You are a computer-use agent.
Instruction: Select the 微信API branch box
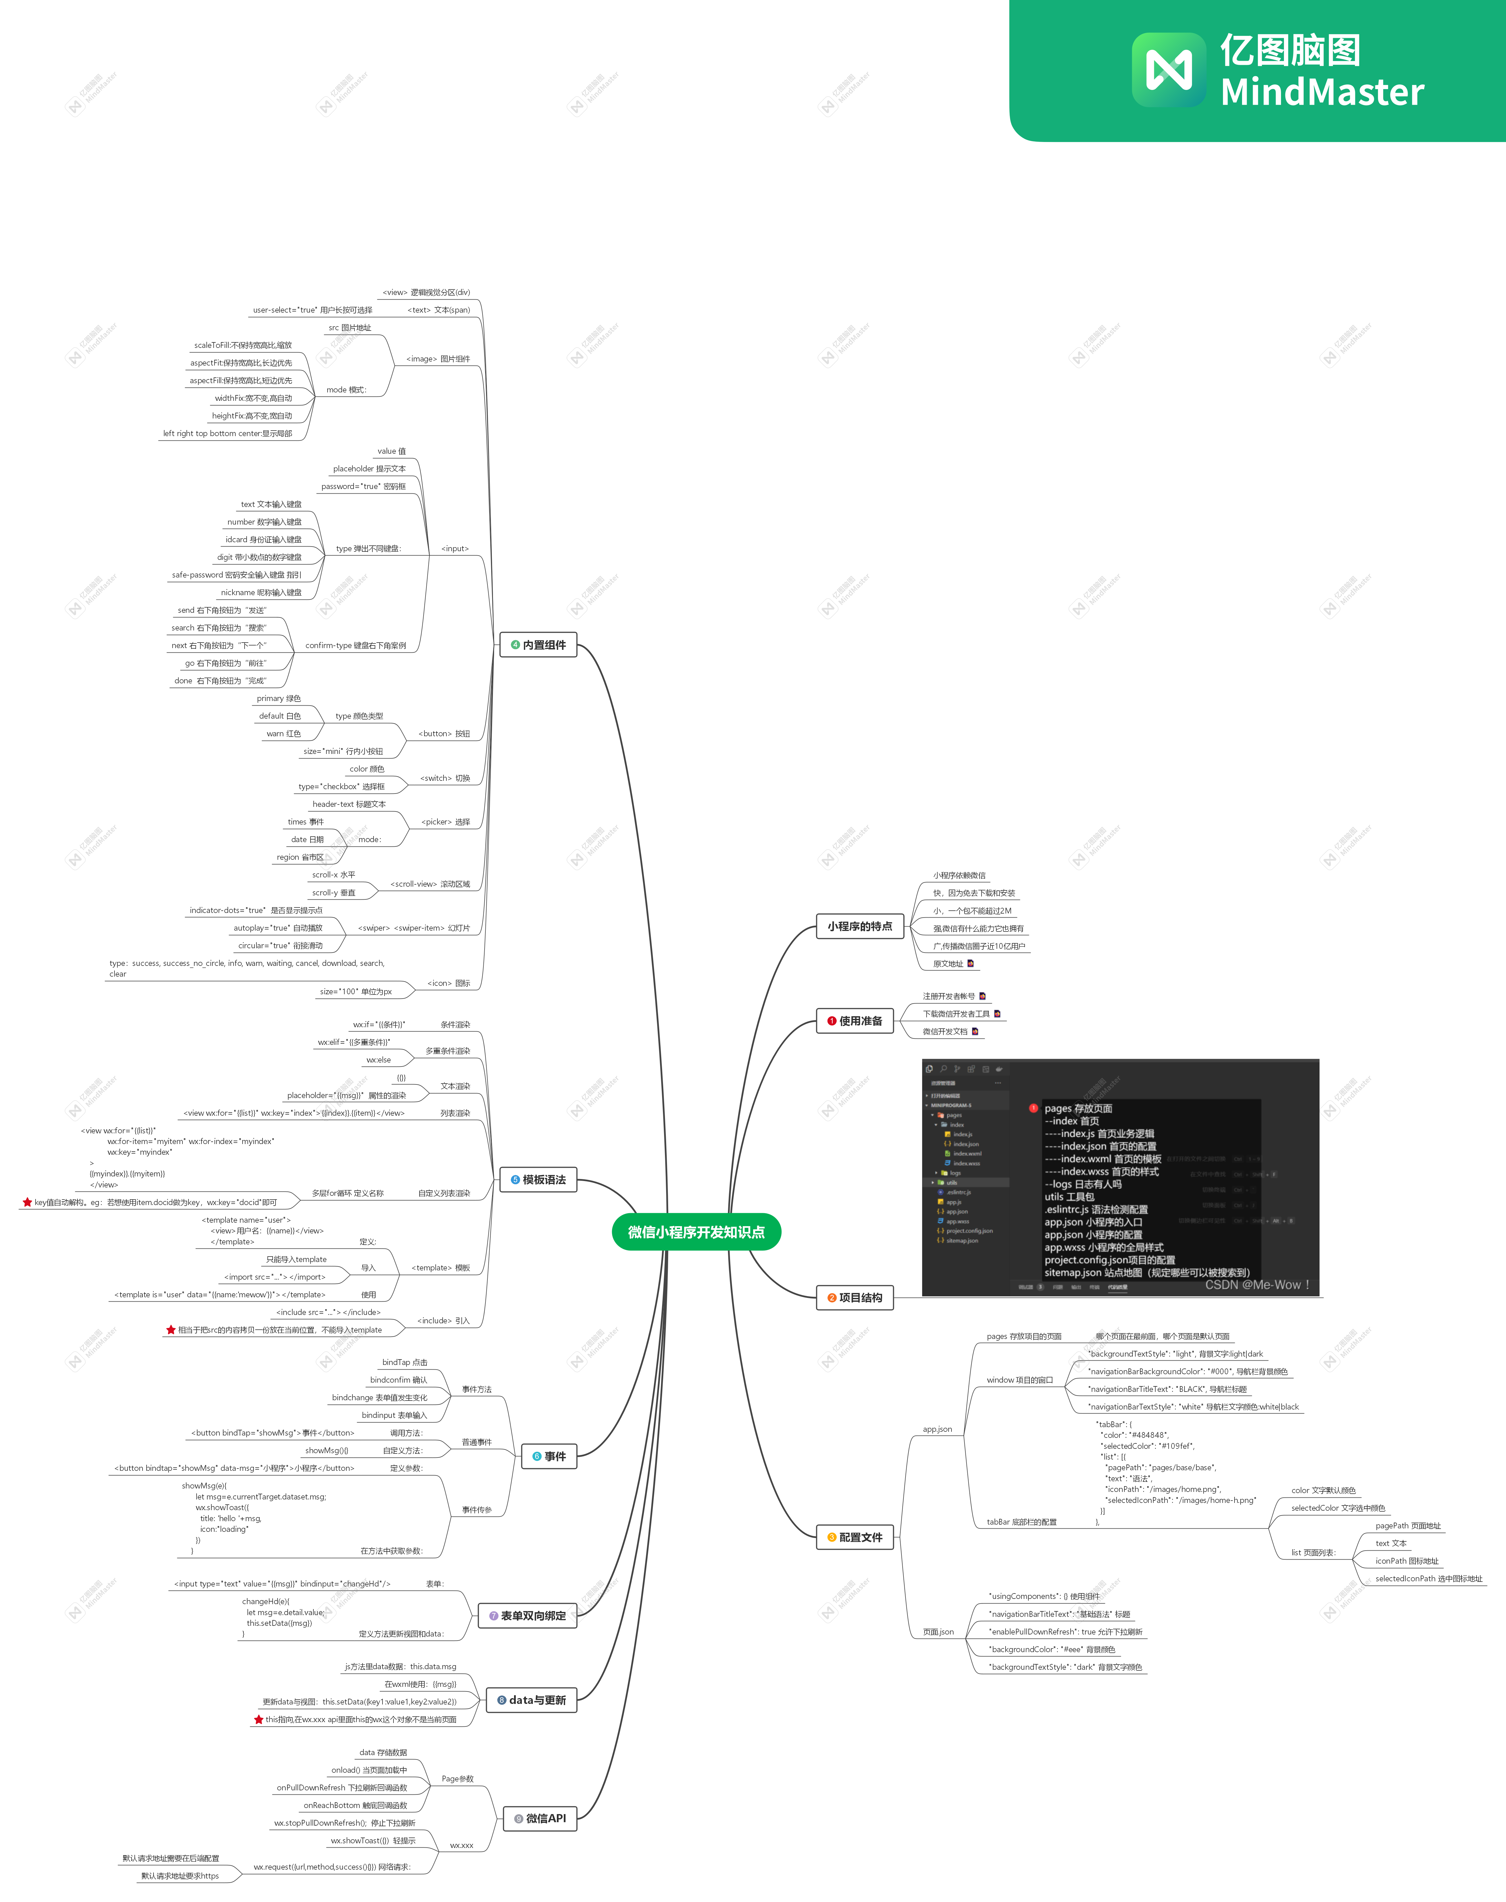(539, 1818)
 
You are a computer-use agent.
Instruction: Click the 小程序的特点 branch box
(860, 926)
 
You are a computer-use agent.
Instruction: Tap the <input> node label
(455, 549)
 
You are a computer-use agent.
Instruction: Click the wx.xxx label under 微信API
(461, 1845)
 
